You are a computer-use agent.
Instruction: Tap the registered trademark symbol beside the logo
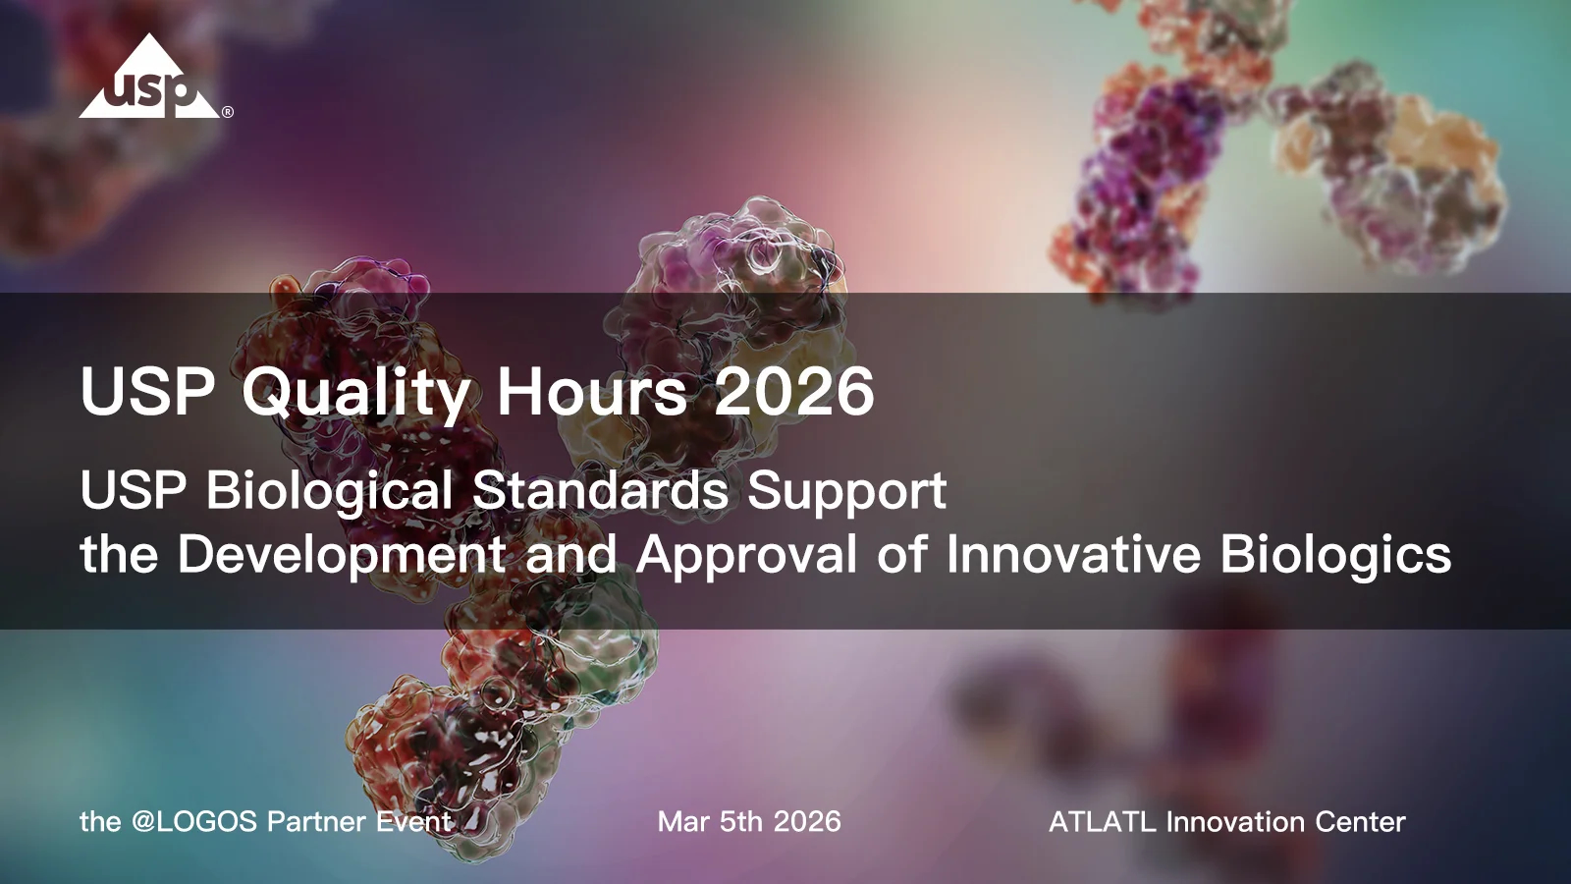pyautogui.click(x=228, y=112)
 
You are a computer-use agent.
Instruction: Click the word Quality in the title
pyautogui.click(x=356, y=393)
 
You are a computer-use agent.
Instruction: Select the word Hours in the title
pyautogui.click(x=592, y=391)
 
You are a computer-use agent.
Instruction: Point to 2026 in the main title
pyautogui.click(x=793, y=391)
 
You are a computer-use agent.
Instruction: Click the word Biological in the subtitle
pyautogui.click(x=329, y=490)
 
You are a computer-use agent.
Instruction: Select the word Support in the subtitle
pyautogui.click(x=846, y=491)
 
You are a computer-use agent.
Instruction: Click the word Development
pyautogui.click(x=341, y=555)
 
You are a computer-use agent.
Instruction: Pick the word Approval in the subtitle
pyautogui.click(x=746, y=555)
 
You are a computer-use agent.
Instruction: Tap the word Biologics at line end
pyautogui.click(x=1335, y=555)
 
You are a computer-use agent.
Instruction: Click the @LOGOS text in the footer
pyautogui.click(x=193, y=822)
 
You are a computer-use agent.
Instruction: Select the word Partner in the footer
pyautogui.click(x=316, y=822)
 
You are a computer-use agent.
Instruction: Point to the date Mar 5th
pyautogui.click(x=709, y=822)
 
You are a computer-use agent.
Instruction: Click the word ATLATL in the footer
pyautogui.click(x=1102, y=822)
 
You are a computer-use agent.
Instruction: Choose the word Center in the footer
pyautogui.click(x=1360, y=822)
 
